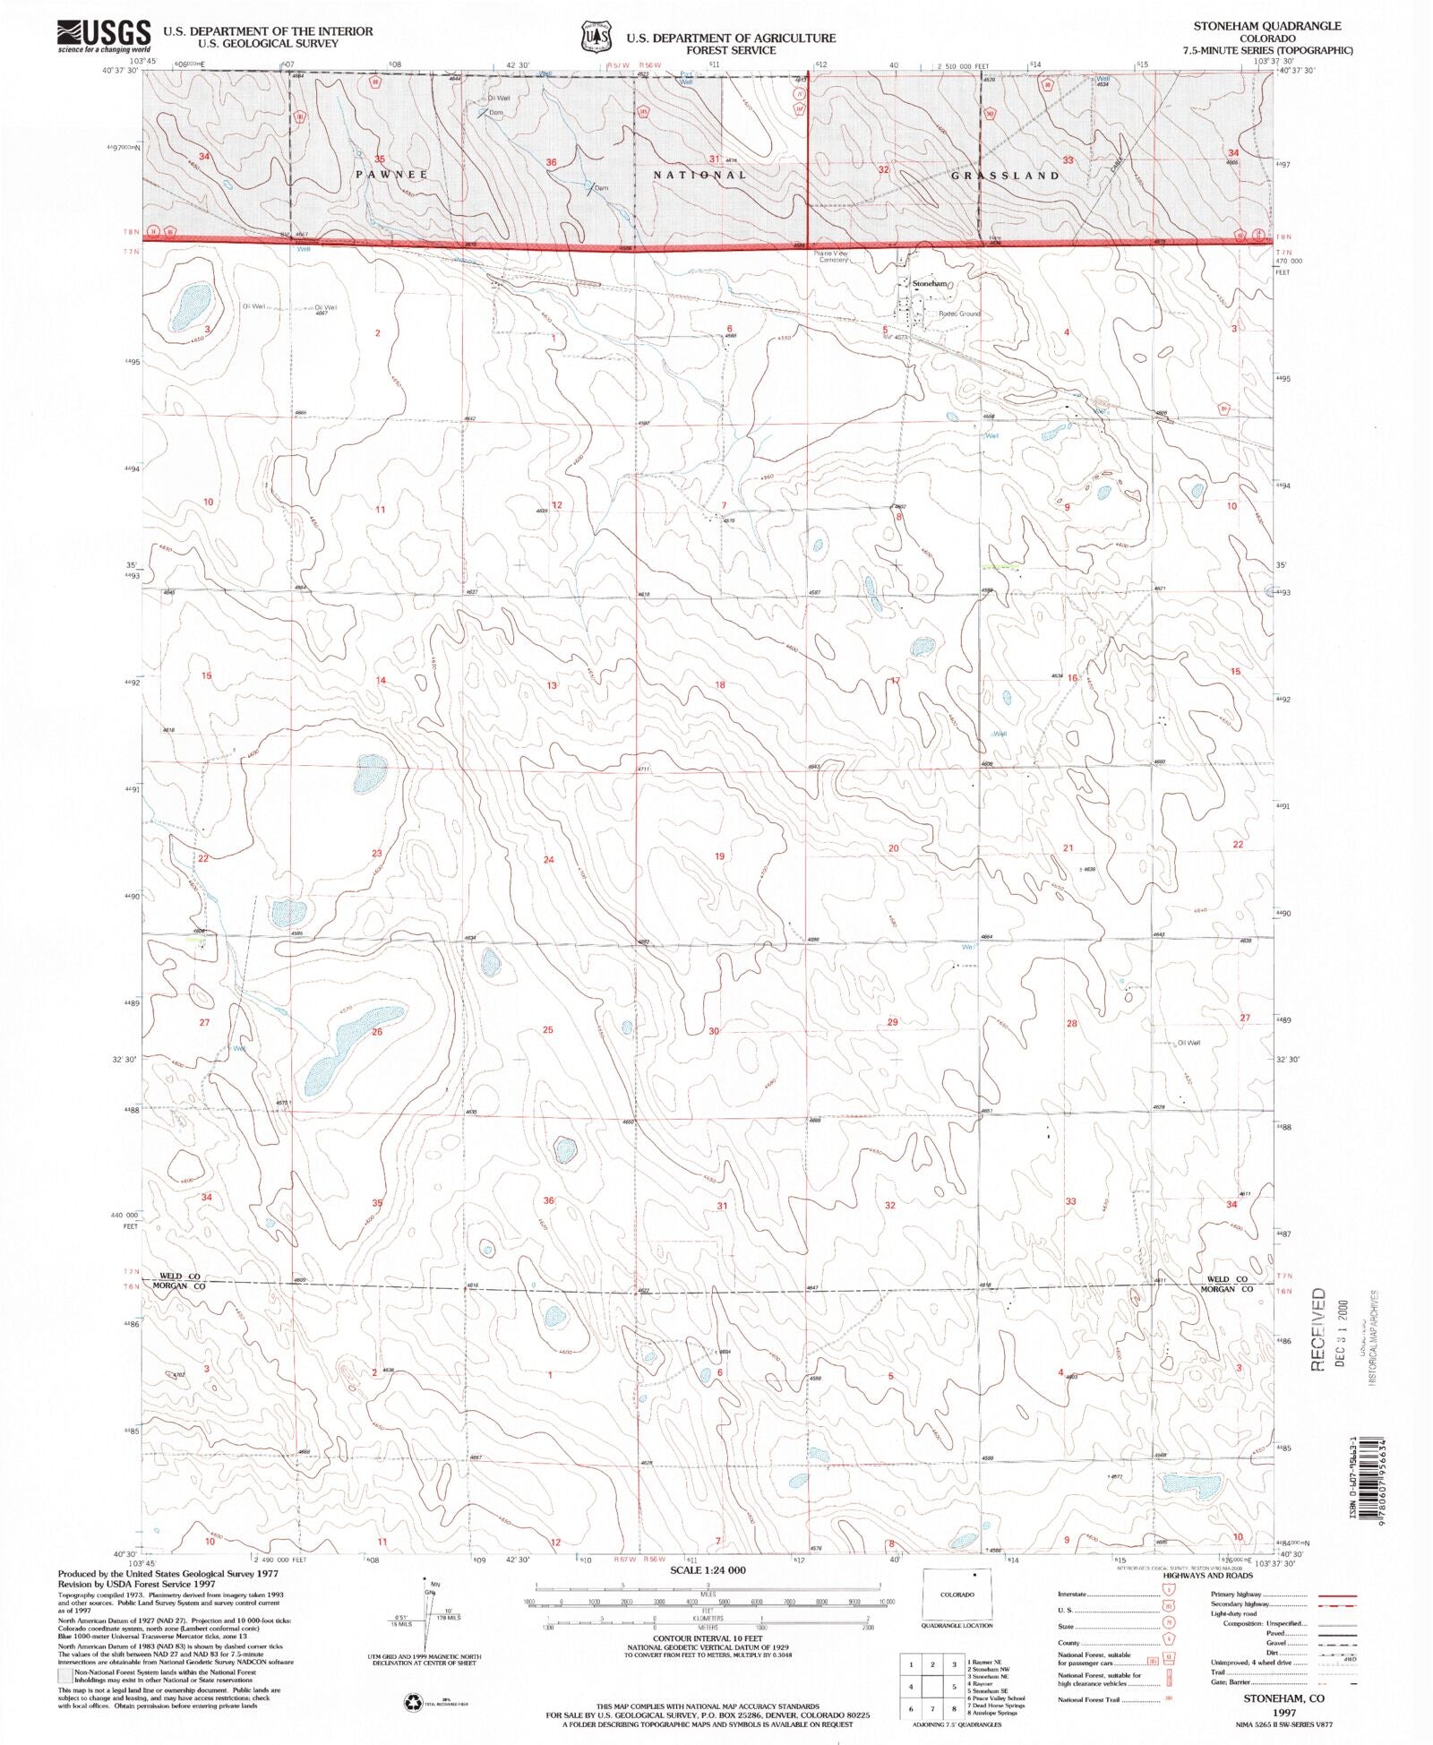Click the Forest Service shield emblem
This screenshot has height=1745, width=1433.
pos(596,38)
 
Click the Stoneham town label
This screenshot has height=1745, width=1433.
pos(930,283)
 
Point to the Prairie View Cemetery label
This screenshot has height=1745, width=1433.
pos(830,257)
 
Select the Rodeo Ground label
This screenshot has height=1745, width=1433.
pos(959,314)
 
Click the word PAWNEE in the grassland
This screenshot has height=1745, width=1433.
pos(391,175)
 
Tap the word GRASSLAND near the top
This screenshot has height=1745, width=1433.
pos(1005,176)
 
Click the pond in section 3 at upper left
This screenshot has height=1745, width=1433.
pos(190,306)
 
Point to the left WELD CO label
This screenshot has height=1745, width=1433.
pos(179,1277)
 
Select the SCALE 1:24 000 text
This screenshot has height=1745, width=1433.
pos(707,1570)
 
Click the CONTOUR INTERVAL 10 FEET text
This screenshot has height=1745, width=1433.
pos(707,1638)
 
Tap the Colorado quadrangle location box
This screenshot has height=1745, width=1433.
pos(957,1594)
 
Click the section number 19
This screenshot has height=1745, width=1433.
pos(719,856)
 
